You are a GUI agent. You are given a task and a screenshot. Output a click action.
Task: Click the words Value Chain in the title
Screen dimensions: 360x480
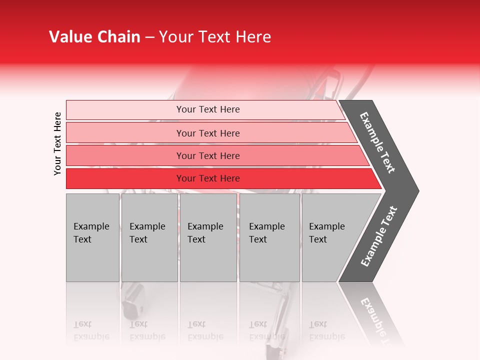94,37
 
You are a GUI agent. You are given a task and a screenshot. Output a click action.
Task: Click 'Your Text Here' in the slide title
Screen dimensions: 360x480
215,37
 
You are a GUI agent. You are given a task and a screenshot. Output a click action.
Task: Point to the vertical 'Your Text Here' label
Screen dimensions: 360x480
57,143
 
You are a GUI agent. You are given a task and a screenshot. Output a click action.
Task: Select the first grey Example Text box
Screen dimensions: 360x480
92,238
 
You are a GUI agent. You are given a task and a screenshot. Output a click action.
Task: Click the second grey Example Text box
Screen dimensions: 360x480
149,238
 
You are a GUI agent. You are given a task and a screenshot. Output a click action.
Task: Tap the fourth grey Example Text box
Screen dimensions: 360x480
269,238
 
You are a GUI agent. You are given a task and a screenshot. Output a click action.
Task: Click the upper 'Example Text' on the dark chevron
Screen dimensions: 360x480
378,142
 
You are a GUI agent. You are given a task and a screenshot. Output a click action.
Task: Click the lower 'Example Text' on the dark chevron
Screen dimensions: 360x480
379,236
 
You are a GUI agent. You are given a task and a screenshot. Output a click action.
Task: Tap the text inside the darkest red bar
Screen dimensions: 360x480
208,178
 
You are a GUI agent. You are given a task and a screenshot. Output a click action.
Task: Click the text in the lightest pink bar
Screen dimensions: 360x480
208,109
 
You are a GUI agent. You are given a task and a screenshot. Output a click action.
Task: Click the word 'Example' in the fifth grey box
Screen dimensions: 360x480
326,226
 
